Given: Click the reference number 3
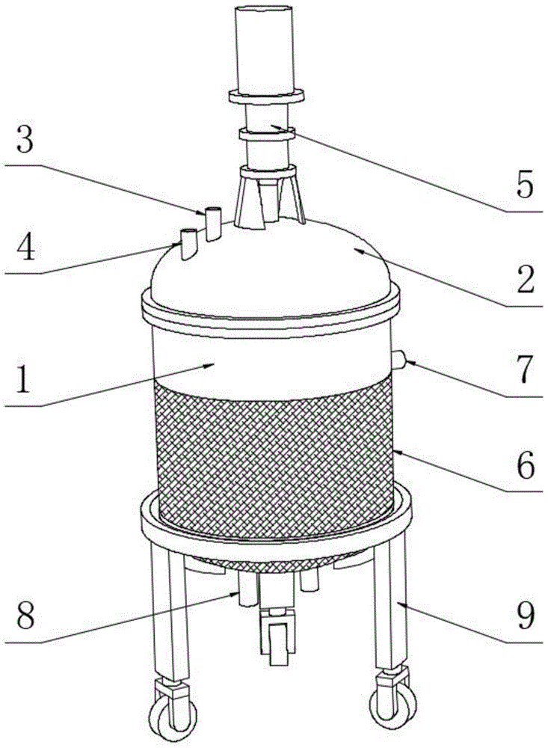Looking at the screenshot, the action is pos(25,141).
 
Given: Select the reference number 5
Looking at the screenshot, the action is pos(525,185).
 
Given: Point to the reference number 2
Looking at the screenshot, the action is pos(526,280).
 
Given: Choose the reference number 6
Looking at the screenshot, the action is pos(526,467).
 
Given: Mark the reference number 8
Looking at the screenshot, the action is pos(25,617).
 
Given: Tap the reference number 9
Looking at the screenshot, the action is pos(526,617).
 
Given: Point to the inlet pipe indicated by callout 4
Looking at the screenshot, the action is pos(188,244).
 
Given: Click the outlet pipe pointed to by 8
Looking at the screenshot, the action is pos(247,589).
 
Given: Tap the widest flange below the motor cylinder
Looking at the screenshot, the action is pos(266,96).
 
